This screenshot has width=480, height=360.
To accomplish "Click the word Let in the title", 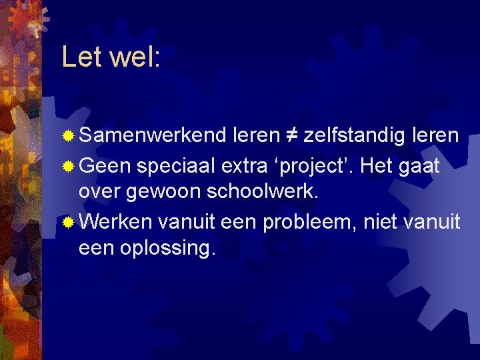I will pos(82,57).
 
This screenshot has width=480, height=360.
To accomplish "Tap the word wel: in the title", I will pos(135,57).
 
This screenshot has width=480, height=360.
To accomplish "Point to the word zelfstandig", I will pos(354,137).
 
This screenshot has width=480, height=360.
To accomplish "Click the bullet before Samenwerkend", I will pos(68,137).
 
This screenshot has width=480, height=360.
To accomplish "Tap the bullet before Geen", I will pos(68,167).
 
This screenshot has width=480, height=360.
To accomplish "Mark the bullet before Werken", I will pos(68,221).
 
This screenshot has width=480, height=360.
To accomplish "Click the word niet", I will pos(384,221).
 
